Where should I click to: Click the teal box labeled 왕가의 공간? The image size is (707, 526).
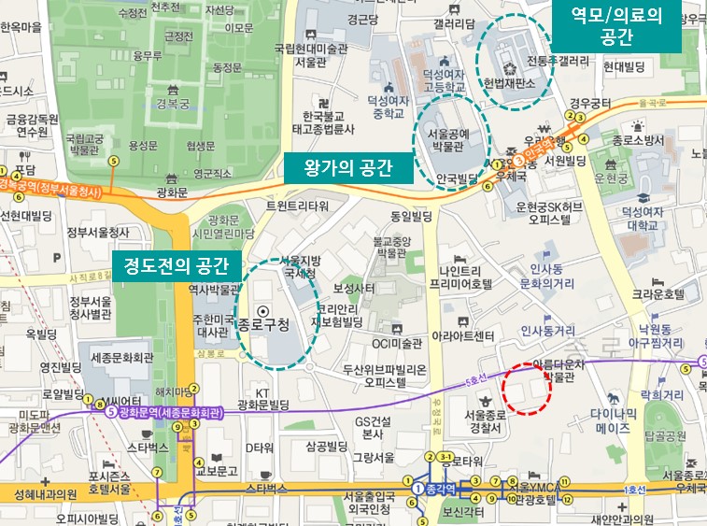click(x=346, y=168)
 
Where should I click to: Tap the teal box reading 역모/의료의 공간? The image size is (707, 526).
click(x=615, y=25)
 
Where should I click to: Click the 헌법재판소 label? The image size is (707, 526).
click(x=508, y=83)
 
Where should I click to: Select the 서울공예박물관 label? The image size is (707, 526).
click(x=446, y=139)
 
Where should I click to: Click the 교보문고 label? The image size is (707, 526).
click(x=216, y=470)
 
